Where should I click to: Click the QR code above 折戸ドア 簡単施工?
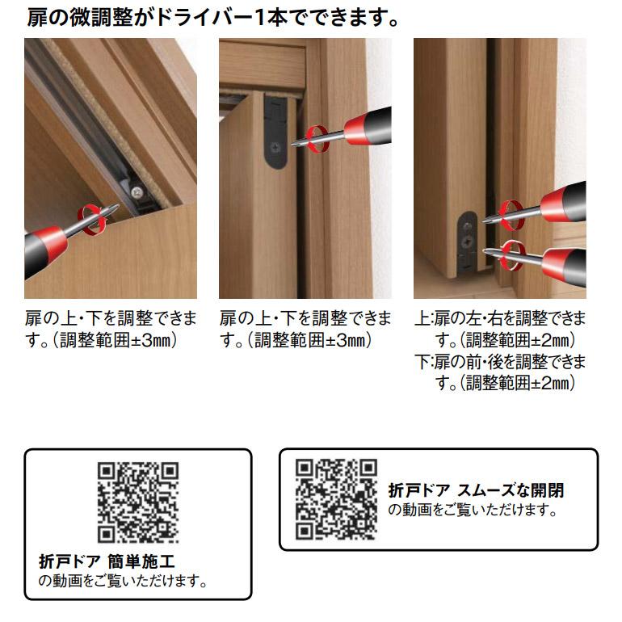(x=138, y=502)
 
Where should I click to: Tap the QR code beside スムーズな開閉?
(x=336, y=499)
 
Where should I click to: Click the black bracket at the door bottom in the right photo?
(x=467, y=242)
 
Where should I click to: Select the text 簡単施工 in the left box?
(x=141, y=561)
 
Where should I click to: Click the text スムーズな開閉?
(x=511, y=490)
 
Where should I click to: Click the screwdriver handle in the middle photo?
(x=368, y=126)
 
